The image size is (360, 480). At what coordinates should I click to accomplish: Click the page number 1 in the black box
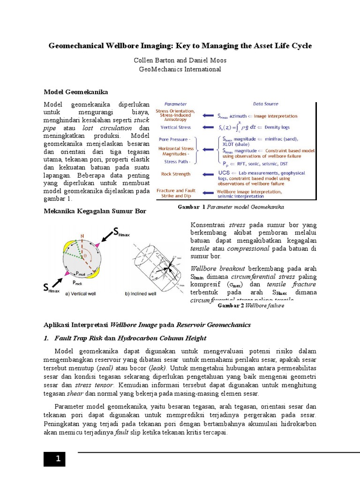coord(58,459)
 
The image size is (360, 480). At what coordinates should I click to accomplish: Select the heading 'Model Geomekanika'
coord(76,91)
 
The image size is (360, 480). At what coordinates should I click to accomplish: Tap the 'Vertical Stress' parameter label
coord(176,127)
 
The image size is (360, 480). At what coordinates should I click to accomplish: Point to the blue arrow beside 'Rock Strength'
coord(207,174)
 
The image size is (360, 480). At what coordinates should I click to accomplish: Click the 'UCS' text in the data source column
coord(224,173)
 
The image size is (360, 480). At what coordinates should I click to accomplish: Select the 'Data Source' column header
coord(266,104)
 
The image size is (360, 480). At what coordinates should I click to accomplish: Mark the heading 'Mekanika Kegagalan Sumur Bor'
coord(95,211)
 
